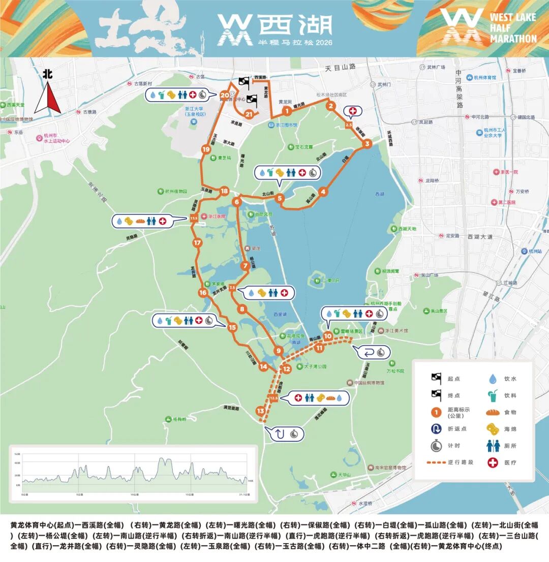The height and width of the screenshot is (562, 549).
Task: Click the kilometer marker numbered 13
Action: point(261,411)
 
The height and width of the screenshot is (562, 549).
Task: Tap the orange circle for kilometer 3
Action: point(367,144)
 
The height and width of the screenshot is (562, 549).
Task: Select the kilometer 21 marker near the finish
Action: point(249,114)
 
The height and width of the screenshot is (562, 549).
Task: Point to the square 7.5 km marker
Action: point(232,288)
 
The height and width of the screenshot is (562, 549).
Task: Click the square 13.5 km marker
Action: point(193,218)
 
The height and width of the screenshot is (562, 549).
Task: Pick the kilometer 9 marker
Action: point(278,351)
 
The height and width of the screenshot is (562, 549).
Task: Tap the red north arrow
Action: point(48,99)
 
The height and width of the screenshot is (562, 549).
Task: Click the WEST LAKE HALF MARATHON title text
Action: point(512,27)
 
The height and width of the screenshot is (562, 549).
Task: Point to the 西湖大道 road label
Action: point(481,236)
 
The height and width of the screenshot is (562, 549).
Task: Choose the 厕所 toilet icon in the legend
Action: point(493,446)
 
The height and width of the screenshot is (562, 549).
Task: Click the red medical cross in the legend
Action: point(493,462)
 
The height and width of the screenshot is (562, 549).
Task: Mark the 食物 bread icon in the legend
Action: point(493,412)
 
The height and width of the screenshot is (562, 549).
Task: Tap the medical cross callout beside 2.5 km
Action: point(352,111)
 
